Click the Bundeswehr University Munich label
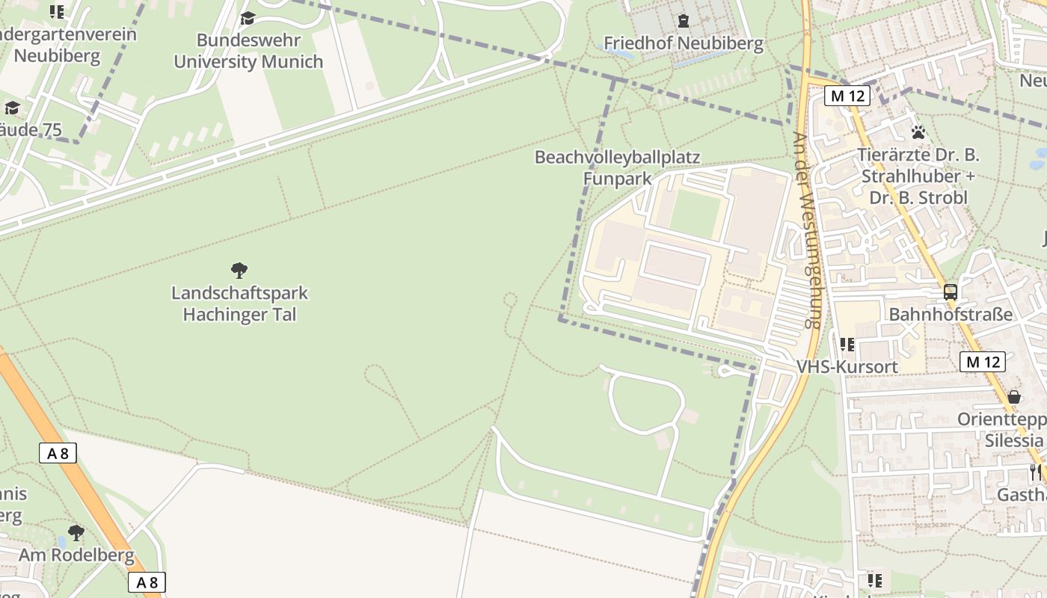248,51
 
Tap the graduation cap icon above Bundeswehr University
248,18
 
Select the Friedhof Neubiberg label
684,43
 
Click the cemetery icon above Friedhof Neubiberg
683,20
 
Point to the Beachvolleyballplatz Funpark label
617,168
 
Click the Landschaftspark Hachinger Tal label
239,303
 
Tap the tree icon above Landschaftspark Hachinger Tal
239,270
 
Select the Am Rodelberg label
76,555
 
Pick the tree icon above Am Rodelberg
76,532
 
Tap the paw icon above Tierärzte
918,132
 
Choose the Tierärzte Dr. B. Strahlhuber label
918,176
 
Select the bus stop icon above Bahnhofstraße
950,292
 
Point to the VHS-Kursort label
847,367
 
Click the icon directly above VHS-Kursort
847,345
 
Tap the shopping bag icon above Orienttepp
1014,396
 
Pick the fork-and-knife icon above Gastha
1035,472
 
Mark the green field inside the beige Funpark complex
696,214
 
